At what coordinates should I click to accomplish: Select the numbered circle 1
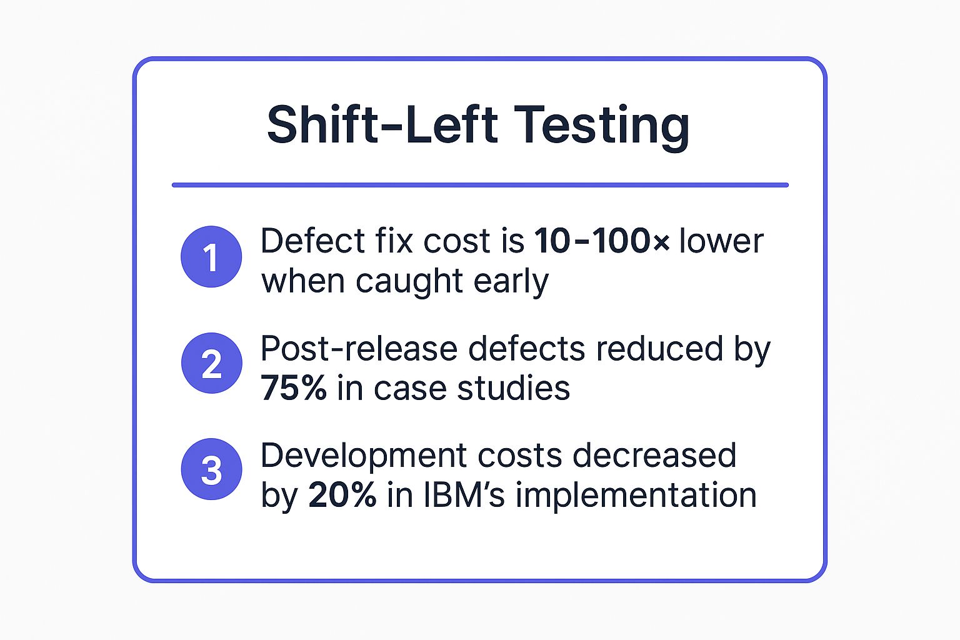point(211,257)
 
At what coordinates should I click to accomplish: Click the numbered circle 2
point(211,364)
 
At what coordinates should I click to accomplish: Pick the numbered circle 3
point(211,470)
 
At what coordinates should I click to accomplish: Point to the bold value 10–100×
point(602,241)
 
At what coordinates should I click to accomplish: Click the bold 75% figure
point(294,388)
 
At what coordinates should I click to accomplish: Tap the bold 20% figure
point(342,495)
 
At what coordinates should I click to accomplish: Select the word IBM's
point(464,495)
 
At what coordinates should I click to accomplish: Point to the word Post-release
point(359,349)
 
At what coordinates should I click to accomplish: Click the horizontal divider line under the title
point(480,185)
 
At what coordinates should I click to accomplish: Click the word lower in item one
point(721,241)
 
